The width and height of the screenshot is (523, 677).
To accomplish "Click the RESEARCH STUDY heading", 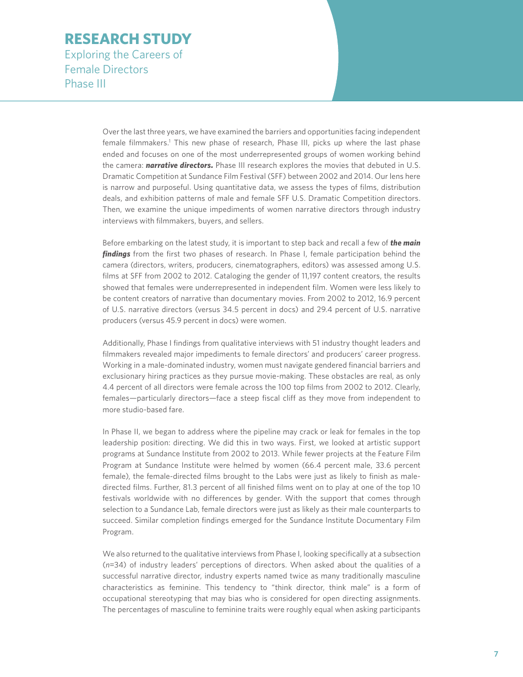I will (128, 39).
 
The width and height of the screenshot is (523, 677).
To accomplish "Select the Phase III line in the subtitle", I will (85, 84).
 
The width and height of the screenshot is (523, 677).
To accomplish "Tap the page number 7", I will (495, 654).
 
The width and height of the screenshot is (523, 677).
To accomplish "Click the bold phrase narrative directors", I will (179, 165).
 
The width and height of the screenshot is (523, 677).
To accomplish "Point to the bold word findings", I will (116, 254).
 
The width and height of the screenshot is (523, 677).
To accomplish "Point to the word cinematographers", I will (262, 265).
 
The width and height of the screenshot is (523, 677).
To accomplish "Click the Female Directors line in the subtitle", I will (106, 69).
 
